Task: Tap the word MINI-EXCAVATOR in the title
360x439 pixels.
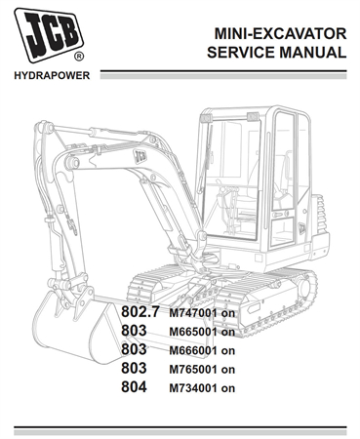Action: [277, 34]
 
